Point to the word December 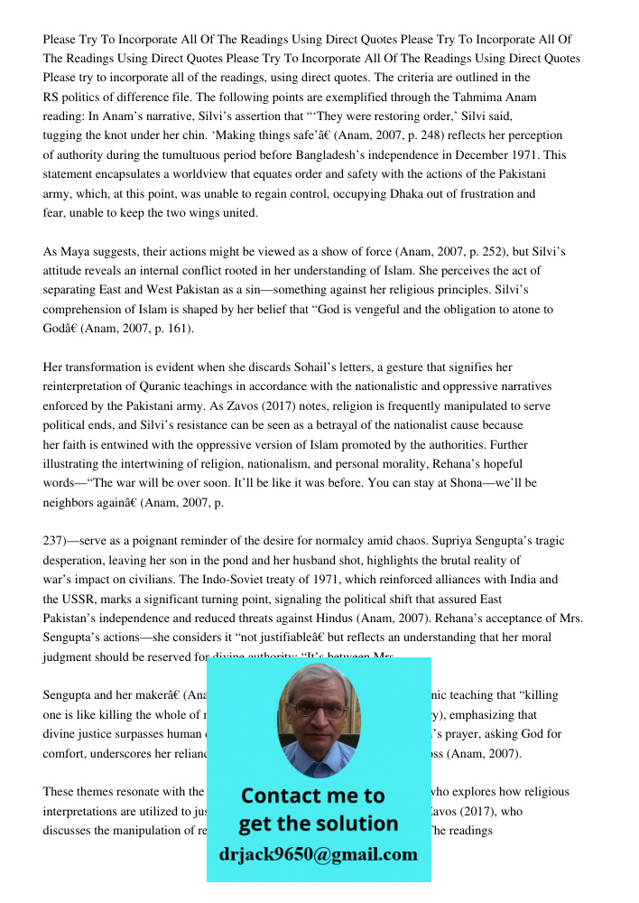[488, 155]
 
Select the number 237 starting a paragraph [53, 542]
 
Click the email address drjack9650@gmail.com [319, 854]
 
